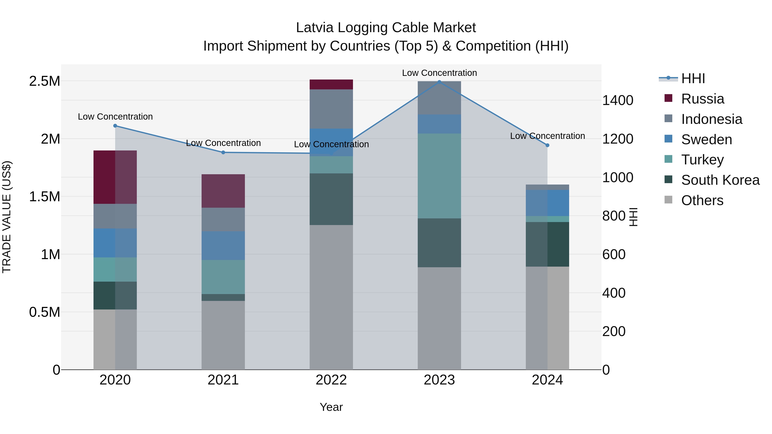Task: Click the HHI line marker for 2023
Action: click(x=439, y=82)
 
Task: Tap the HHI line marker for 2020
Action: click(x=115, y=126)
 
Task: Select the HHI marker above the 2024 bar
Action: click(x=547, y=145)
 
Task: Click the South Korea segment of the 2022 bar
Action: click(x=331, y=199)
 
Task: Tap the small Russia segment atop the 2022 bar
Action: click(x=331, y=84)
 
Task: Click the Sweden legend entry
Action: click(x=706, y=140)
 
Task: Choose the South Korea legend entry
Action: click(x=720, y=180)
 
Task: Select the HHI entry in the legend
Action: click(x=693, y=78)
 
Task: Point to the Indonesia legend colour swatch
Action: click(x=668, y=119)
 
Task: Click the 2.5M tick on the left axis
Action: click(x=44, y=81)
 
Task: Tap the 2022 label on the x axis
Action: click(x=331, y=380)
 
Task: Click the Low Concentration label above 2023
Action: click(x=439, y=73)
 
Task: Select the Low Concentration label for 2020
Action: click(x=115, y=117)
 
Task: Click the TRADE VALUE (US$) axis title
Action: click(x=7, y=217)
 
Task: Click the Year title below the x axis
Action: click(x=331, y=407)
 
